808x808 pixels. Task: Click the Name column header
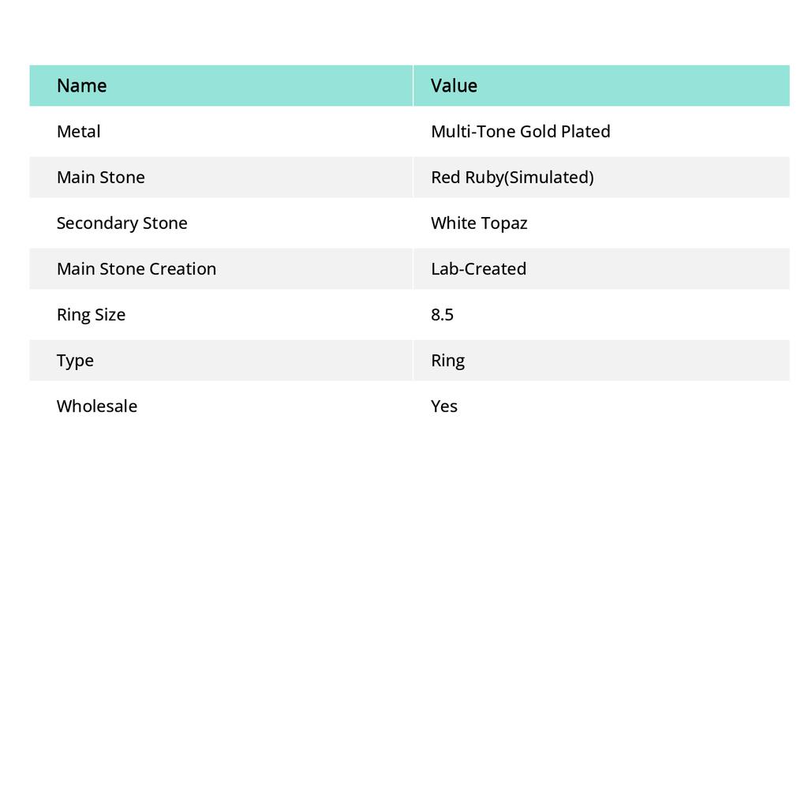point(81,86)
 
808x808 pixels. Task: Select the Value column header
point(454,86)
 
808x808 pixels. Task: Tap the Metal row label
point(78,132)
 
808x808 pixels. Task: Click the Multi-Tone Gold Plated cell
point(520,132)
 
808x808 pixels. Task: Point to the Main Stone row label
point(100,178)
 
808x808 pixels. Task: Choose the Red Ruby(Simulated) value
point(512,178)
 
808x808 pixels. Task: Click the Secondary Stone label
point(122,223)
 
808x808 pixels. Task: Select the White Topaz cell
point(479,223)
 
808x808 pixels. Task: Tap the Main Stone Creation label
point(136,269)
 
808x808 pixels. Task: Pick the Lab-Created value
point(478,269)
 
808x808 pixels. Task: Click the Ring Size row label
point(91,315)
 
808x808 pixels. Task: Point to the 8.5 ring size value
point(442,315)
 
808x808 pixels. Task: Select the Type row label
point(75,361)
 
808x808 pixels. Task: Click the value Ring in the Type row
point(447,361)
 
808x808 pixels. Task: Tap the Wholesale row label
point(96,406)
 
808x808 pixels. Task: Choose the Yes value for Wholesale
point(444,406)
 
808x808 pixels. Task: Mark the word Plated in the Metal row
point(585,132)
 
